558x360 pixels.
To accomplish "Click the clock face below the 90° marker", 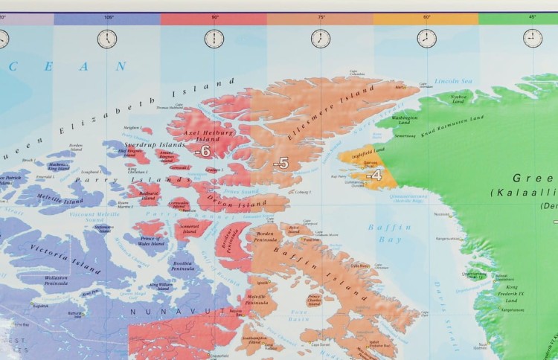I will pyautogui.click(x=214, y=39).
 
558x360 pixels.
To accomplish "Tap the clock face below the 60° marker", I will pyautogui.click(x=427, y=39).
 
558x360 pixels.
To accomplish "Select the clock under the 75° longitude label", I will pyautogui.click(x=321, y=39).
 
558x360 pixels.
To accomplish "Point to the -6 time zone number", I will pyautogui.click(x=202, y=151).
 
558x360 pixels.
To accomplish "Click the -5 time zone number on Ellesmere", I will pyautogui.click(x=280, y=163).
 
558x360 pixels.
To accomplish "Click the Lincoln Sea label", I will pyautogui.click(x=453, y=80).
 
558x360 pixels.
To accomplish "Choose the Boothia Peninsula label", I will pyautogui.click(x=183, y=266).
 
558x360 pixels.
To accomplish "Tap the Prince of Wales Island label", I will pyautogui.click(x=150, y=241).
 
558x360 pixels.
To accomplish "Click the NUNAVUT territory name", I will pyautogui.click(x=167, y=308).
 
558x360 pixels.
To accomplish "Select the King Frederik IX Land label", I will pyautogui.click(x=512, y=293).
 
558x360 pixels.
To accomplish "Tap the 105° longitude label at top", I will pyautogui.click(x=109, y=16).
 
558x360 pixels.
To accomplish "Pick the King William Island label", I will pyautogui.click(x=161, y=286).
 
